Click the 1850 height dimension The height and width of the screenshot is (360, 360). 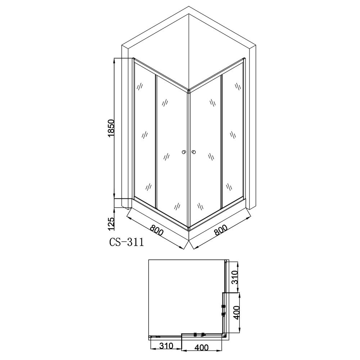(111, 128)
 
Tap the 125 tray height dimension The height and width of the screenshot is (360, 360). (111, 224)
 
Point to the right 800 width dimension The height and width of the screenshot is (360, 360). (220, 230)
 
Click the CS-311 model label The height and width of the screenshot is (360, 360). (126, 242)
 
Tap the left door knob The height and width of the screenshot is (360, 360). (184, 152)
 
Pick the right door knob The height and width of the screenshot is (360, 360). (194, 152)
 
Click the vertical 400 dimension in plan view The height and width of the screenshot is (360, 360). (237, 312)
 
